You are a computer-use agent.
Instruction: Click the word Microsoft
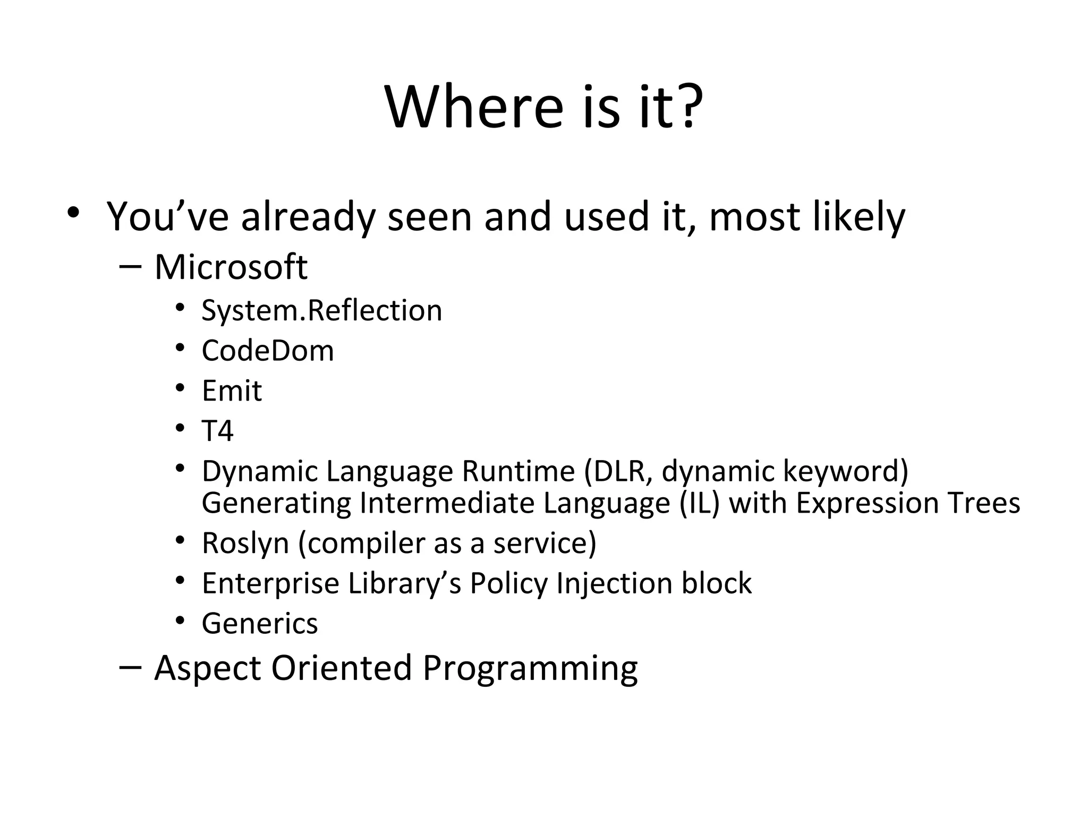(x=231, y=267)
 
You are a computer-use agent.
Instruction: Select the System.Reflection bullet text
(x=321, y=310)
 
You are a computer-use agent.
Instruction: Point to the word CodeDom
(x=268, y=351)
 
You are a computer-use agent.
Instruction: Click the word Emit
(x=232, y=391)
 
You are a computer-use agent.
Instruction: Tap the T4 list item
(x=217, y=431)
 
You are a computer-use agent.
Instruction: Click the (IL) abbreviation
(x=699, y=503)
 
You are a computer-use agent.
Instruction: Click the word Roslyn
(x=245, y=543)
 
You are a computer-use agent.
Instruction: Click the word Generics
(x=260, y=624)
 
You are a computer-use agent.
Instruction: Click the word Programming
(x=530, y=668)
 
